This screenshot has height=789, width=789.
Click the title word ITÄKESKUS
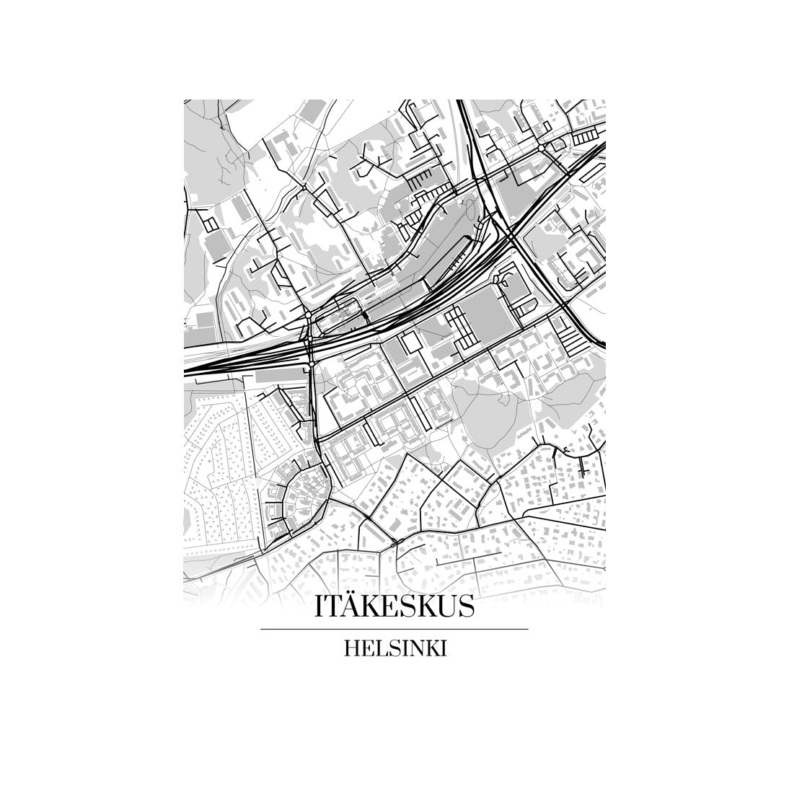pos(394,606)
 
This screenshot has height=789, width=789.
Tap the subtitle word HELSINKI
pos(394,648)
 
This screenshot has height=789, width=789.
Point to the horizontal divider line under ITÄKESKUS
pos(394,629)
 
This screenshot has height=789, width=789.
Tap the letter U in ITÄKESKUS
pos(445,607)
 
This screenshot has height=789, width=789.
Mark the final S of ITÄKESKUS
pos(466,607)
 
